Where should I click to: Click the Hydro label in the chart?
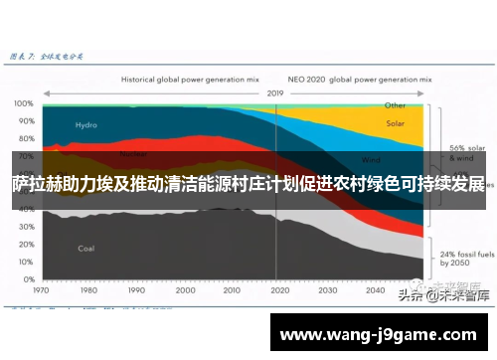tap(85, 125)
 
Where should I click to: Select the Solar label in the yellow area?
tap(396, 124)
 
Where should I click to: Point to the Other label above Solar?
tap(396, 104)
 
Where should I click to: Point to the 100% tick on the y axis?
tap(23, 103)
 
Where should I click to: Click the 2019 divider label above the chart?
tap(276, 92)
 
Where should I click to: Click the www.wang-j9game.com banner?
tap(382, 334)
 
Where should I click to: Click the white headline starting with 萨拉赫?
tap(248, 185)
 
